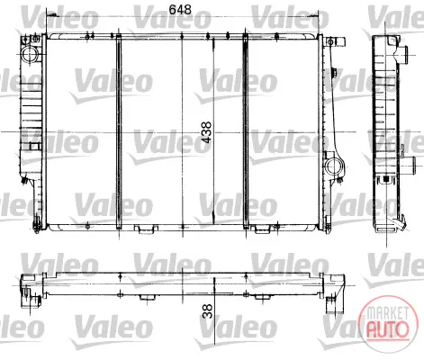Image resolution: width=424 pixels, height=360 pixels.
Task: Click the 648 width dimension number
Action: point(180,9)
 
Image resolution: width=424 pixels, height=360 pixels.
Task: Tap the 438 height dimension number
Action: point(206,132)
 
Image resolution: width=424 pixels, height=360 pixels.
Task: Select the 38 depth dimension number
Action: point(207,311)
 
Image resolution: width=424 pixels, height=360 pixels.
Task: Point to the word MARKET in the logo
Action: point(388,313)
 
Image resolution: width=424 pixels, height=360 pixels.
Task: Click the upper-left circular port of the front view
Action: point(30,54)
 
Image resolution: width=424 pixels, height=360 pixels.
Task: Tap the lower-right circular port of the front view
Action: point(333,166)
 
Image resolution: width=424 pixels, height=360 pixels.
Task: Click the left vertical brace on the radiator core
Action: point(119,131)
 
